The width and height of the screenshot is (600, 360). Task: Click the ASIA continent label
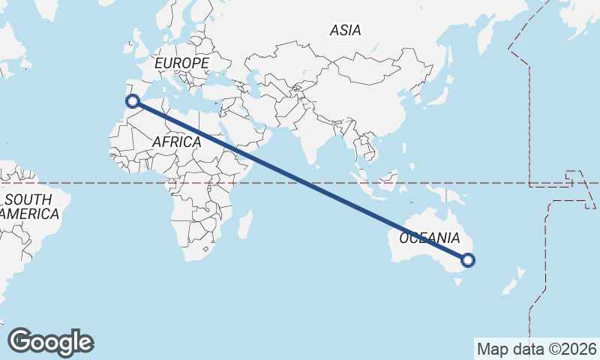pos(345,31)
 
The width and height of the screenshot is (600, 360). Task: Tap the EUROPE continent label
pos(181,64)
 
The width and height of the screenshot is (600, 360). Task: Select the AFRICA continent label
pos(176,142)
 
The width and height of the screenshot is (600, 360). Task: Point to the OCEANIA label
pos(428,238)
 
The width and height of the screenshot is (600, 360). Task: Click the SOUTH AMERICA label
pos(30,206)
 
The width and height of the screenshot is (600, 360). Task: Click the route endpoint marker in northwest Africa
pos(132,100)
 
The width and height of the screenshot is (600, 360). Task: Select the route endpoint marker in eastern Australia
pos(468,260)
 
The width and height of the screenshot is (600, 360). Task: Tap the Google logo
pos(50,342)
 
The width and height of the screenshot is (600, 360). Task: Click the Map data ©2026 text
pos(537,349)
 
